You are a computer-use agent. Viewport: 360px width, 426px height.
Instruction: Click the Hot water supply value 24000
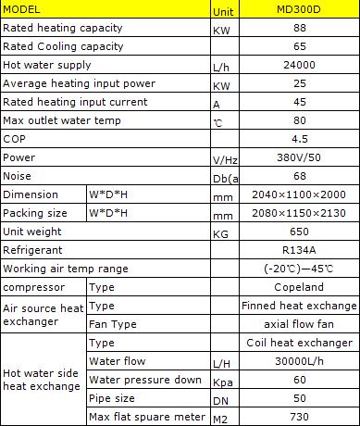tap(298, 66)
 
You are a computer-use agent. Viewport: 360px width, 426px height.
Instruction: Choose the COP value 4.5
tap(298, 139)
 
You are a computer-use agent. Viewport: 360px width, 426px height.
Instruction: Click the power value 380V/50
tap(298, 157)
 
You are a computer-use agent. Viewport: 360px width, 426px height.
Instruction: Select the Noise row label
tap(18, 176)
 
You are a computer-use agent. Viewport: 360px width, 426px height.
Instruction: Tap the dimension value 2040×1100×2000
tap(298, 194)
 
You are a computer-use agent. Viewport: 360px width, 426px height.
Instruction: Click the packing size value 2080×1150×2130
tap(298, 213)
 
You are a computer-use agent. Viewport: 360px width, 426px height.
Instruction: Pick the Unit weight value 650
tap(298, 232)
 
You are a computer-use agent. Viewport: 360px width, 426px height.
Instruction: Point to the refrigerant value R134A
tap(298, 250)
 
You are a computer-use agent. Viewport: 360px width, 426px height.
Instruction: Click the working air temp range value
tap(298, 269)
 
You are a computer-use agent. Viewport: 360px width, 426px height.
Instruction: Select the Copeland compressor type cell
tap(298, 287)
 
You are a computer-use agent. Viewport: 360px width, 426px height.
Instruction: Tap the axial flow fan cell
tap(298, 324)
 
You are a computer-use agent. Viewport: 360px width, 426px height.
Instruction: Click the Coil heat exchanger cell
tap(298, 343)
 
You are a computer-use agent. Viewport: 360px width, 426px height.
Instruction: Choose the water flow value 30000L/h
tap(298, 361)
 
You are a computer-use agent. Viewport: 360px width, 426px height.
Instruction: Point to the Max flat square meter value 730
tap(298, 417)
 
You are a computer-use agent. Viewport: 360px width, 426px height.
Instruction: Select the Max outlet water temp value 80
tap(298, 120)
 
